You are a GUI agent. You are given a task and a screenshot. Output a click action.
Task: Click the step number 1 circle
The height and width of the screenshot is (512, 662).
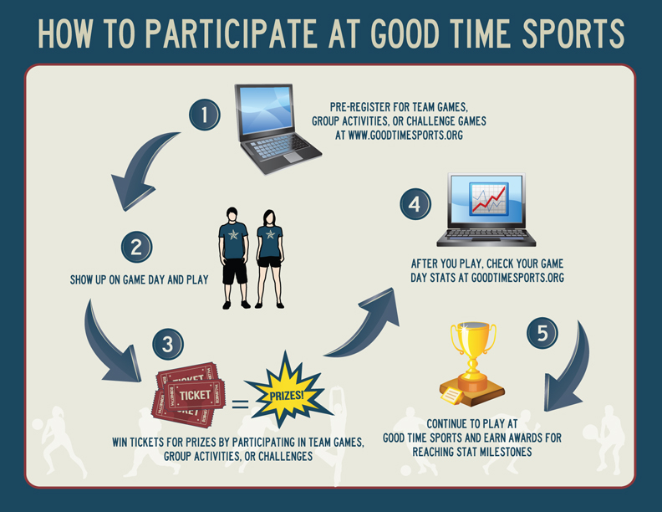click(204, 115)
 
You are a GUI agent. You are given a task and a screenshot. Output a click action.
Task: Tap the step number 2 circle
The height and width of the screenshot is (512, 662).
click(136, 247)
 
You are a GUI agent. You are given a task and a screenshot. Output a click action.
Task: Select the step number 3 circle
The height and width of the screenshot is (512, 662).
click(168, 344)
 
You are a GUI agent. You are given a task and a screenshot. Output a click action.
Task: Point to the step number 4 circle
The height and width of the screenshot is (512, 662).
click(415, 204)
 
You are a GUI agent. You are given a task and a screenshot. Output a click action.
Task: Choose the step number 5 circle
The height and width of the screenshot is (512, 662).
click(542, 333)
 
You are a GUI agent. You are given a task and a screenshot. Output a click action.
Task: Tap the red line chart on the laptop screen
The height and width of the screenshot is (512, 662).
click(488, 198)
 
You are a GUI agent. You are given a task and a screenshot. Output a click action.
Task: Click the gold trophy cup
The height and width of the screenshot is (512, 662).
click(472, 364)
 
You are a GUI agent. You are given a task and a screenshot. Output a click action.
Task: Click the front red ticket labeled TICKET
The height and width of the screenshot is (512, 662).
click(194, 395)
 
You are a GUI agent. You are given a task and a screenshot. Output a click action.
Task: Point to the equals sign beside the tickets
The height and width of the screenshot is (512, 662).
click(240, 403)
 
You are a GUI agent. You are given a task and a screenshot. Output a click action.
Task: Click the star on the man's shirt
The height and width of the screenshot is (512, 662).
click(233, 234)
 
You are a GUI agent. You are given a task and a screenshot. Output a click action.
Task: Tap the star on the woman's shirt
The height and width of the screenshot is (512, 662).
click(270, 234)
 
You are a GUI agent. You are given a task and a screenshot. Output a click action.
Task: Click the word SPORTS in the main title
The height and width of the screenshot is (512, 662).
click(573, 33)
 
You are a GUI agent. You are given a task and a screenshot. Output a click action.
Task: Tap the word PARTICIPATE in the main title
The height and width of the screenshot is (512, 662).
click(232, 33)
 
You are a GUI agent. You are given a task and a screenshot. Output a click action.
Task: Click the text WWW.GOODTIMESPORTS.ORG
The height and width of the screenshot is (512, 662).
click(405, 136)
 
